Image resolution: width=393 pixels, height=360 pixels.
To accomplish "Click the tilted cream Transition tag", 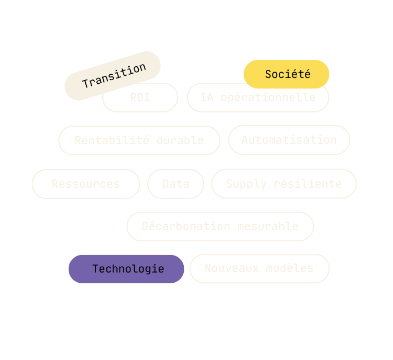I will (x=113, y=75).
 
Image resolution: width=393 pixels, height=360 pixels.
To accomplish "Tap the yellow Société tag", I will (x=287, y=74).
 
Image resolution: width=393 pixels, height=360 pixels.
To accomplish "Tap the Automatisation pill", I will (x=289, y=140).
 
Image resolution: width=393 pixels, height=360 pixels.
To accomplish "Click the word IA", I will (x=207, y=98).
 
